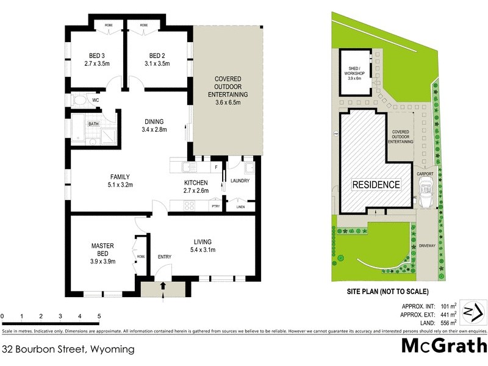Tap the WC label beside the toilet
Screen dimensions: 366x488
pos(96,100)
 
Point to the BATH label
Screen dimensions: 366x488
pos(93,124)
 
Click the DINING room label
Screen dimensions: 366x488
pos(154,121)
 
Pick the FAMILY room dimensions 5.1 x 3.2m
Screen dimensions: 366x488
pos(120,185)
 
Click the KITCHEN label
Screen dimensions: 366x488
pos(196,182)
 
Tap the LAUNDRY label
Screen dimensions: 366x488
pos(241,180)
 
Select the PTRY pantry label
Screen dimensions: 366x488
pos(215,207)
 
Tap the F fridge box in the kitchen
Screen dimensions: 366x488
pos(215,167)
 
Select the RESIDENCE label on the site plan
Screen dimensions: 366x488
pos(376,184)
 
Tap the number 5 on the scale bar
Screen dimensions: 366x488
pos(99,317)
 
